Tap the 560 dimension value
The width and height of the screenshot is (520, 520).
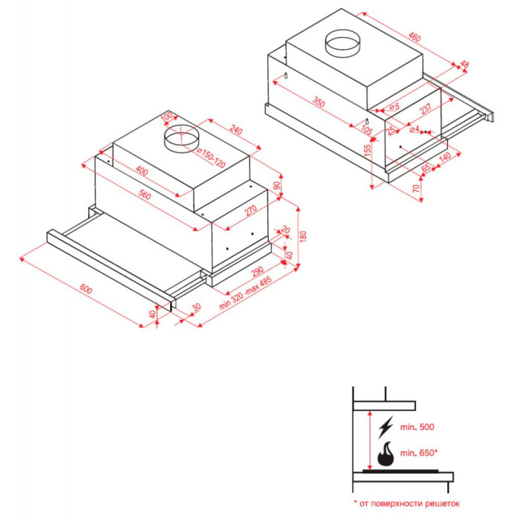click(x=144, y=195)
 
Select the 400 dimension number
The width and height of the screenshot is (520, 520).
click(x=141, y=171)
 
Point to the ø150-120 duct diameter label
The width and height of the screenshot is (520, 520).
click(x=211, y=157)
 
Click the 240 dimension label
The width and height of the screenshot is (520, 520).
click(x=235, y=130)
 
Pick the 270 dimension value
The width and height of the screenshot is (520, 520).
click(x=251, y=209)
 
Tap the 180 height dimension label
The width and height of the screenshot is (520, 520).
click(x=303, y=236)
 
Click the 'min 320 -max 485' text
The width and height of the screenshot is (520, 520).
click(x=245, y=293)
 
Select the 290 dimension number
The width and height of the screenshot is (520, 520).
click(x=257, y=271)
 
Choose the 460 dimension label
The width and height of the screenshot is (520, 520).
click(x=415, y=37)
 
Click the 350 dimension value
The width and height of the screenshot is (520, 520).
click(x=319, y=103)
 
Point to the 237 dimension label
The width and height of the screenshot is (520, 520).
click(x=426, y=108)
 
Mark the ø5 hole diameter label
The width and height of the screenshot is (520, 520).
click(x=394, y=107)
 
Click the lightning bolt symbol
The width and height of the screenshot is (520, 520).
click(x=386, y=427)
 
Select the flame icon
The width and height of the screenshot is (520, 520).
click(x=386, y=453)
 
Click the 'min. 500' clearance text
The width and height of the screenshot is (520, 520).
click(x=417, y=427)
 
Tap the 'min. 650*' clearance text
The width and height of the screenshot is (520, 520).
click(x=419, y=452)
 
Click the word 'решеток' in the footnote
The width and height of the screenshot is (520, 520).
click(x=442, y=504)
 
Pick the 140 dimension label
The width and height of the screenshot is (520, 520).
click(x=445, y=156)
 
